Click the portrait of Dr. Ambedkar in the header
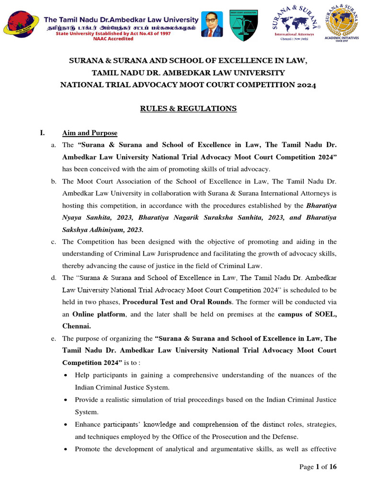[212, 24]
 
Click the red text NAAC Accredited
[114, 39]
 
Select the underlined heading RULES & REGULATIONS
[188, 109]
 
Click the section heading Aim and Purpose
[90, 133]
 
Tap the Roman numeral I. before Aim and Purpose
[43, 133]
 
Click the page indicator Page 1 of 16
[318, 467]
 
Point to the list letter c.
[54, 242]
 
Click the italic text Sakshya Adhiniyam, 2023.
[103, 229]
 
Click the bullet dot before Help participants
[66, 375]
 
